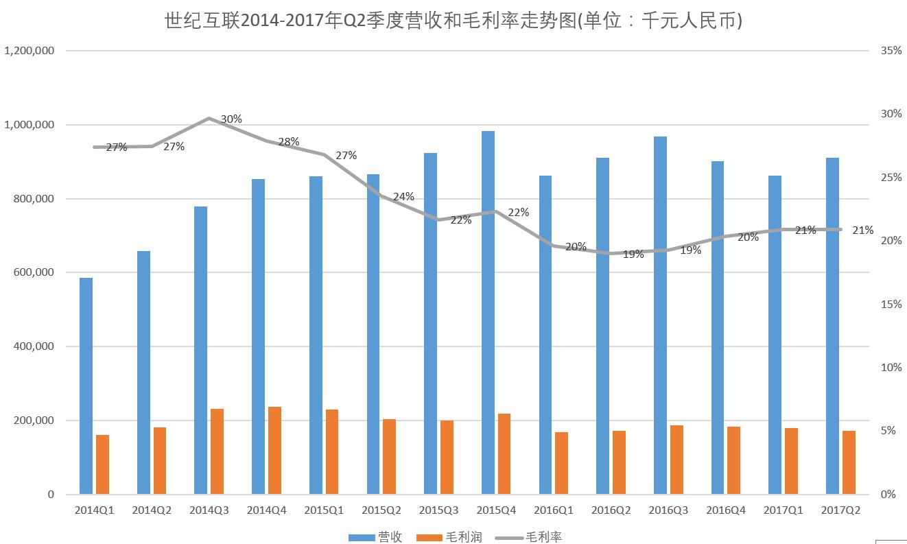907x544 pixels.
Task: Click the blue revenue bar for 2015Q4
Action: pyautogui.click(x=488, y=312)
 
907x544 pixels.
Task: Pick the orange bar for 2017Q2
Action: pyautogui.click(x=849, y=462)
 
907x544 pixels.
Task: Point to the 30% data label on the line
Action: pyautogui.click(x=231, y=119)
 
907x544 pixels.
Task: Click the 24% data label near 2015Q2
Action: pyautogui.click(x=403, y=197)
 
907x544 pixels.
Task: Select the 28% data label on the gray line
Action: pyautogui.click(x=289, y=142)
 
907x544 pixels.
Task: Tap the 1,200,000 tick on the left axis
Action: pyautogui.click(x=30, y=51)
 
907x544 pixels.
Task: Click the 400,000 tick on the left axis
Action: pyautogui.click(x=34, y=346)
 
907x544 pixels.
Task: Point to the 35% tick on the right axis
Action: pyautogui.click(x=891, y=51)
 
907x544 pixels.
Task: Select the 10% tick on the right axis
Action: pyautogui.click(x=891, y=368)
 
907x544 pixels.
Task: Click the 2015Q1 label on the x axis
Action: pyautogui.click(x=324, y=510)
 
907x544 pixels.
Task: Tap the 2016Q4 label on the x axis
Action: pyautogui.click(x=725, y=510)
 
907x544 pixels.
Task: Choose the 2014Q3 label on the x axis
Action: pyautogui.click(x=209, y=510)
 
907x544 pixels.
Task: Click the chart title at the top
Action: pyautogui.click(x=453, y=21)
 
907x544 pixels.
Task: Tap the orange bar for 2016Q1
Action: pyautogui.click(x=561, y=463)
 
